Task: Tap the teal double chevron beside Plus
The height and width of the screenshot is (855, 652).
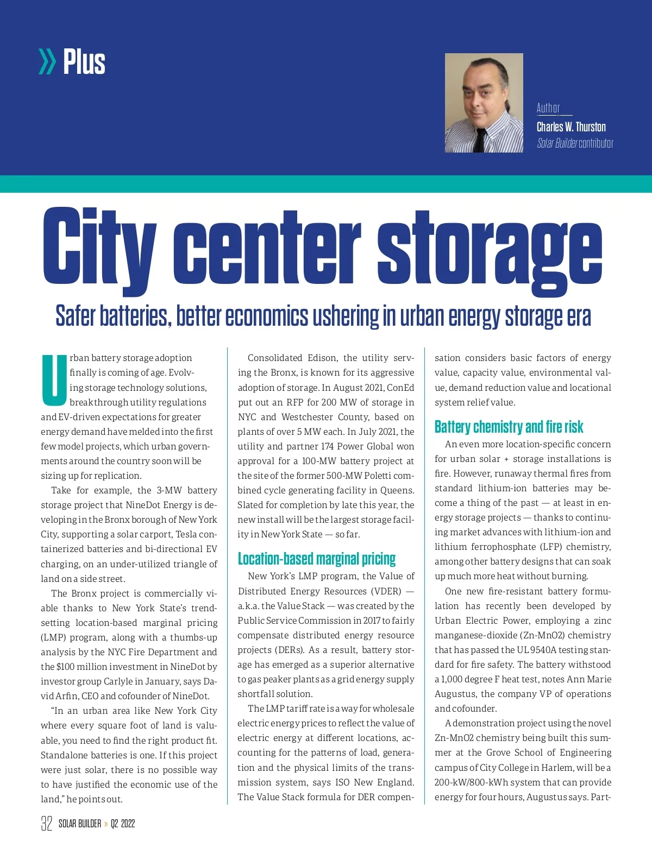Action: pyautogui.click(x=47, y=61)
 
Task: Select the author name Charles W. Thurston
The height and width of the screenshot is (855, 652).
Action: pyautogui.click(x=571, y=127)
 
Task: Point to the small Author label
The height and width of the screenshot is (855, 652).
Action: pyautogui.click(x=548, y=109)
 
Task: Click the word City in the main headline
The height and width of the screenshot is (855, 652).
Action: pyautogui.click(x=99, y=247)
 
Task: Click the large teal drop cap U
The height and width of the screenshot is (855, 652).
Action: pyautogui.click(x=54, y=381)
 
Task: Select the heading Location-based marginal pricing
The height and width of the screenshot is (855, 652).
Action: pyautogui.click(x=317, y=559)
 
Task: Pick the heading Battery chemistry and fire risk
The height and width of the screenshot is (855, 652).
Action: pyautogui.click(x=509, y=427)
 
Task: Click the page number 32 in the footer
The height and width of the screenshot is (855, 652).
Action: pyautogui.click(x=47, y=824)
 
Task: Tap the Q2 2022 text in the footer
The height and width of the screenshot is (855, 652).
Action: pyautogui.click(x=123, y=824)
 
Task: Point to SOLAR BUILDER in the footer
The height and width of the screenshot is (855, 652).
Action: pyautogui.click(x=80, y=824)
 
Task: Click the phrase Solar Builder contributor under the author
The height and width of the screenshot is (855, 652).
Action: pyautogui.click(x=575, y=143)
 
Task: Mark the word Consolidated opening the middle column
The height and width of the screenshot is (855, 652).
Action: pyautogui.click(x=275, y=358)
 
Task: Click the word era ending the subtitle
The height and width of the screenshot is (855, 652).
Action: pyautogui.click(x=580, y=316)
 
